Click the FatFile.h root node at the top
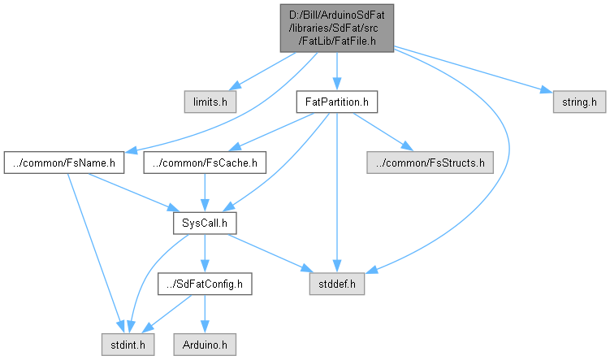[x=337, y=27]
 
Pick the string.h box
[x=579, y=103]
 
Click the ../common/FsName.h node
[x=63, y=163]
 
